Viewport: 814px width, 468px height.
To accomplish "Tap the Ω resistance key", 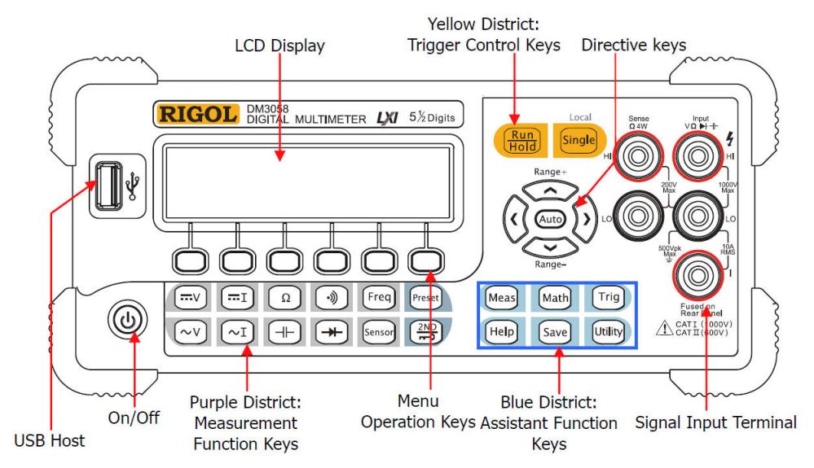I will pyautogui.click(x=285, y=297).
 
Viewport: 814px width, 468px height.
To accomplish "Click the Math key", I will pyautogui.click(x=554, y=298).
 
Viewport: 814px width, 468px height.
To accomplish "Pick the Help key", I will pyautogui.click(x=499, y=332).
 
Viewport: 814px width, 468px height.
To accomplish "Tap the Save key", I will pyautogui.click(x=554, y=332).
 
